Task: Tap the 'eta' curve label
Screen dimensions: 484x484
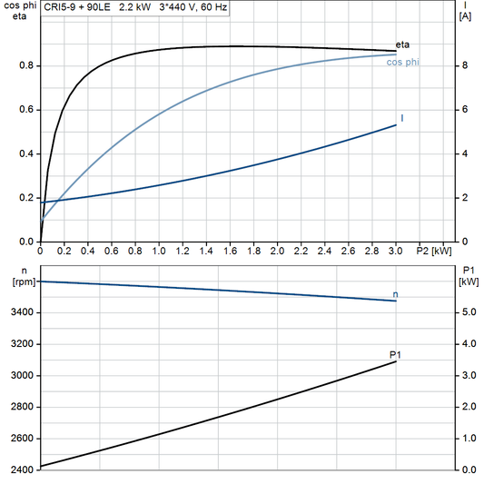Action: (x=402, y=46)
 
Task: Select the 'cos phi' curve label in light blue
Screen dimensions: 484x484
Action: (x=402, y=62)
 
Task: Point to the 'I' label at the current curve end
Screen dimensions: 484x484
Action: (x=401, y=119)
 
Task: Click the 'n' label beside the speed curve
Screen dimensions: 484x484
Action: (x=395, y=294)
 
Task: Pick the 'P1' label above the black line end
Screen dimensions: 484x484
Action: (x=395, y=354)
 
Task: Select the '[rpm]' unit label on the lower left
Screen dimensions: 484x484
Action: (x=19, y=282)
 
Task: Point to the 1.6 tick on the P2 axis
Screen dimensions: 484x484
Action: (x=230, y=251)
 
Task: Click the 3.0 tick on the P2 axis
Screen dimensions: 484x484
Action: (x=396, y=251)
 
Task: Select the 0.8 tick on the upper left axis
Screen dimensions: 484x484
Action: (x=26, y=65)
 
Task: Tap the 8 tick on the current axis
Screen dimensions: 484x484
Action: (x=464, y=65)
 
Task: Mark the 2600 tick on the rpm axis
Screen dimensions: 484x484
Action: (x=22, y=439)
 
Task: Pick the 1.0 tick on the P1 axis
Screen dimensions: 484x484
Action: (x=469, y=439)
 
